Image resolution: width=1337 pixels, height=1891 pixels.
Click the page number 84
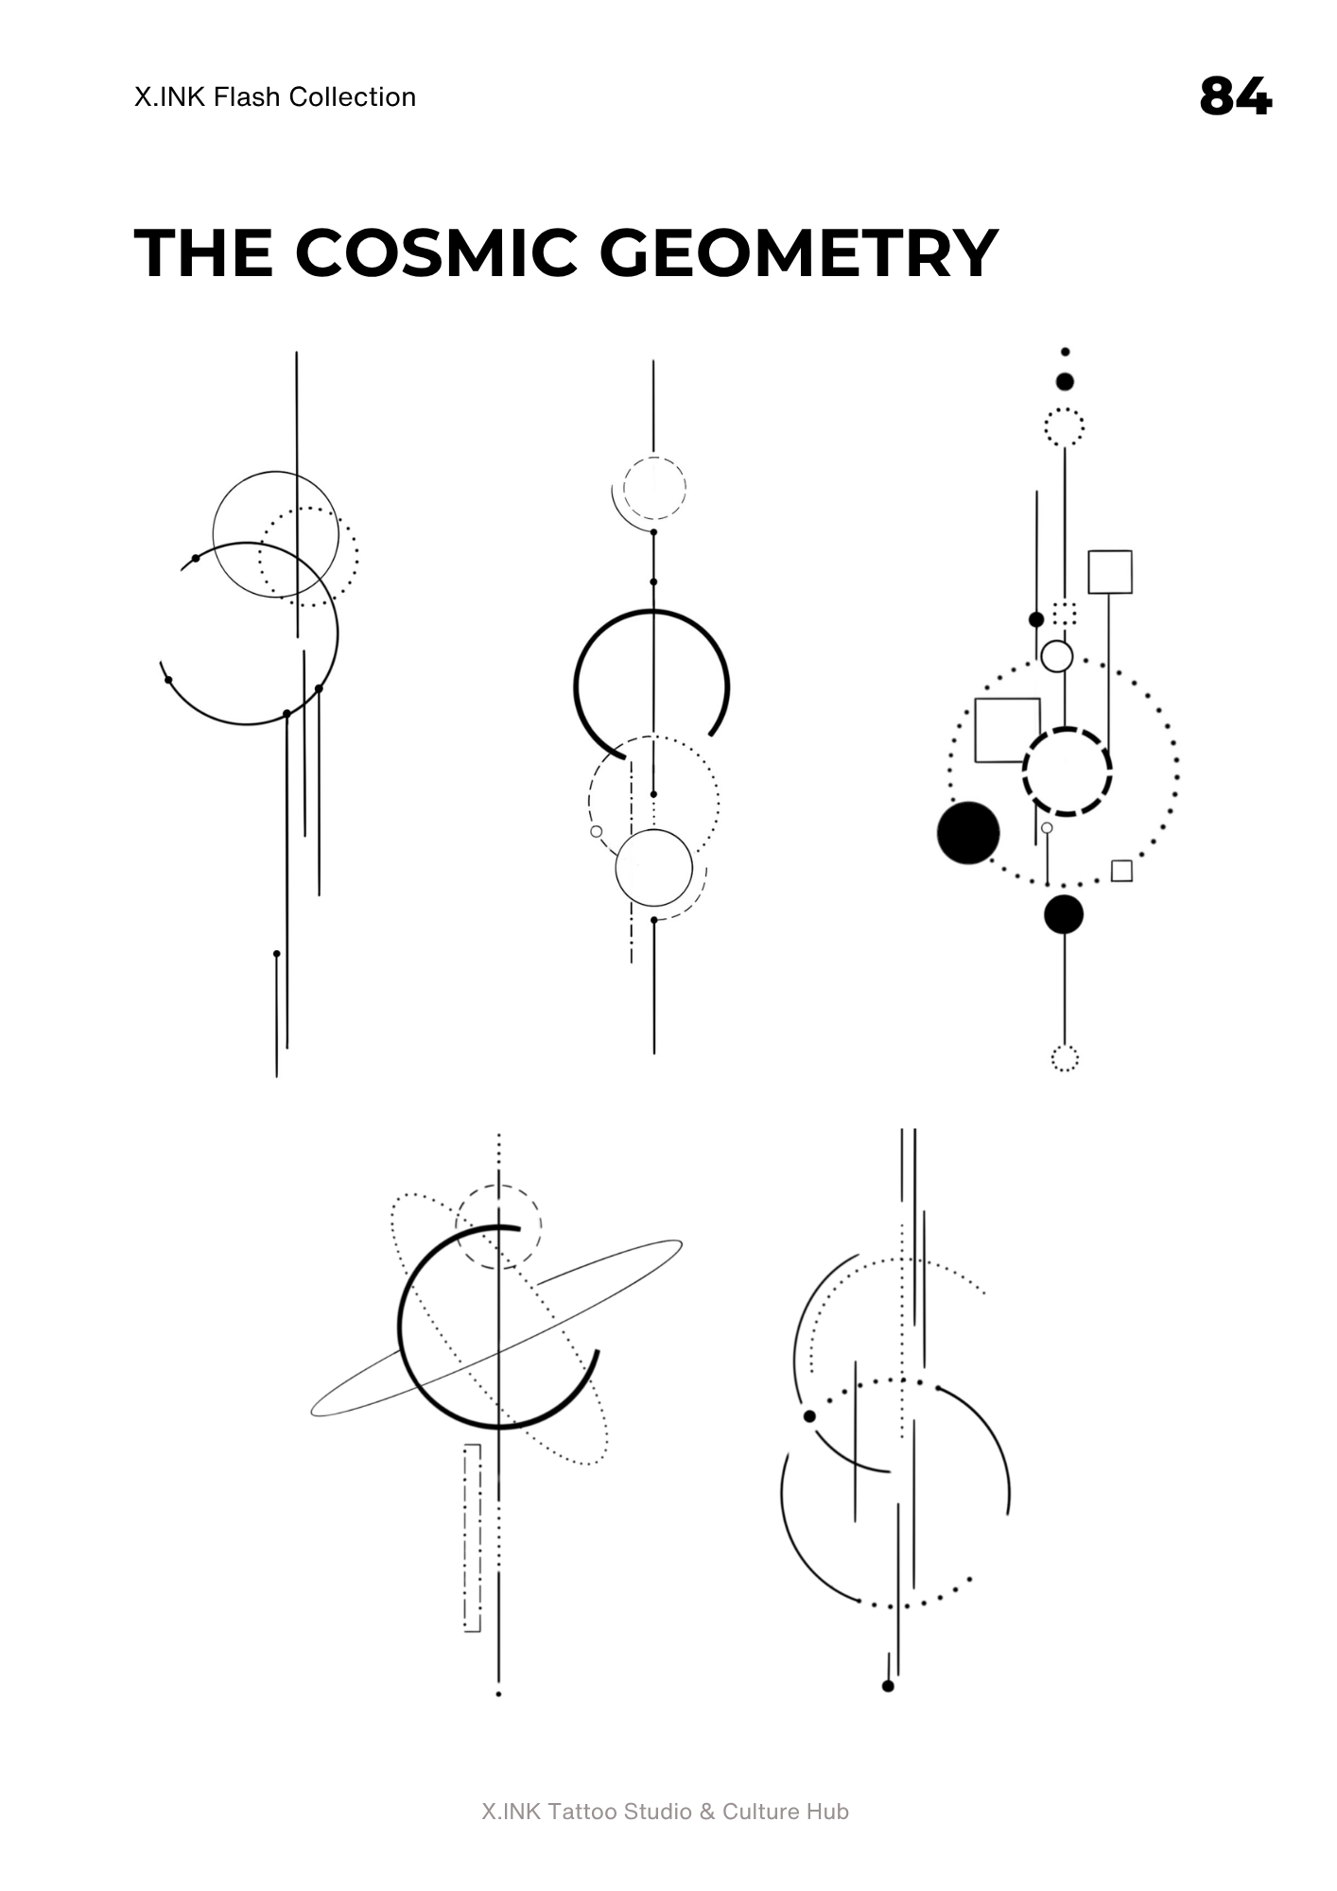tap(1236, 96)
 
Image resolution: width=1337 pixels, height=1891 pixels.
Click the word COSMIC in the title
tap(435, 253)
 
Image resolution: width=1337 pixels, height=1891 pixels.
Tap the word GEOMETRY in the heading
tap(799, 253)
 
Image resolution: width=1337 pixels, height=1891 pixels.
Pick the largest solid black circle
tap(968, 833)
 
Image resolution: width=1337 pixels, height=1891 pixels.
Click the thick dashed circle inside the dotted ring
tap(1067, 772)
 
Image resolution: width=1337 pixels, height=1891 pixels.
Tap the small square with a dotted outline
tap(1065, 614)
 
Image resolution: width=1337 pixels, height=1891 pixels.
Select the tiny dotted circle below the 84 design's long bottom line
tap(1065, 1059)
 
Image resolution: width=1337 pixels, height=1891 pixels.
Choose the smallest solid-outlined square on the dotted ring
tap(1121, 871)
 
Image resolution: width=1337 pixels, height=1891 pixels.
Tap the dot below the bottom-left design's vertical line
tap(498, 1694)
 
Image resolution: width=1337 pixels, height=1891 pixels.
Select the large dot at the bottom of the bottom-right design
tap(888, 1686)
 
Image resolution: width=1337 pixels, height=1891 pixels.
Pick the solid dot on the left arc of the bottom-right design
tap(809, 1416)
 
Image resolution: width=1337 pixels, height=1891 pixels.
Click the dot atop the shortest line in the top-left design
tap(276, 954)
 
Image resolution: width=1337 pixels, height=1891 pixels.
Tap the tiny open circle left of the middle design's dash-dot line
tap(596, 832)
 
